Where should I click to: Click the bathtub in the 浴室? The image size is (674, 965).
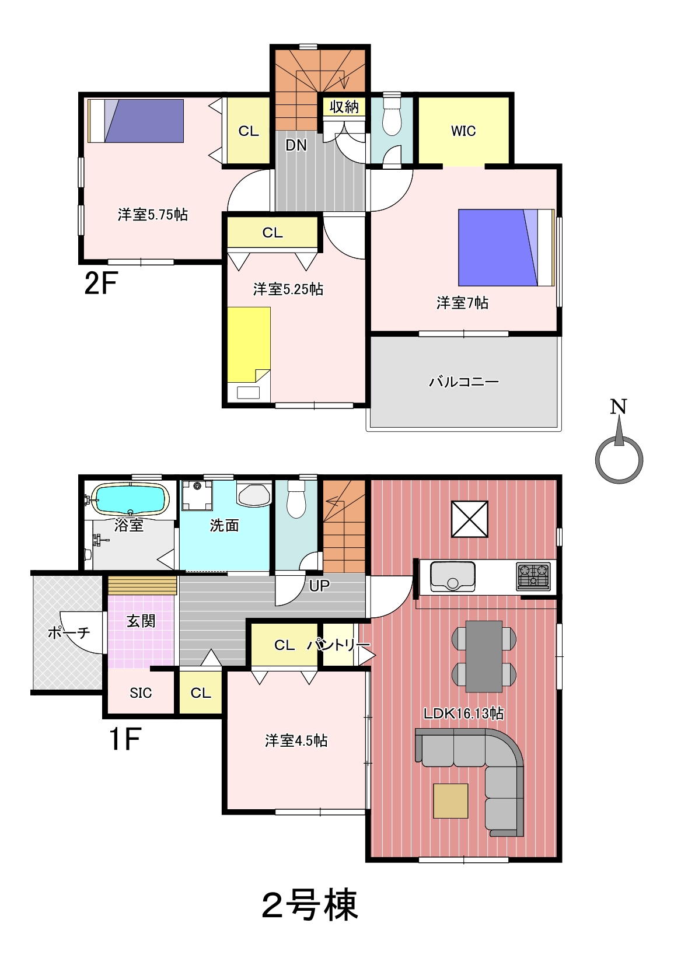point(131,499)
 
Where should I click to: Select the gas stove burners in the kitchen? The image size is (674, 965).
point(533,576)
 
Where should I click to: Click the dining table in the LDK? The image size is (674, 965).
point(484,656)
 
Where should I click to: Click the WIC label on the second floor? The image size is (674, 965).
point(463,131)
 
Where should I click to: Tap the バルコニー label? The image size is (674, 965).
point(464,382)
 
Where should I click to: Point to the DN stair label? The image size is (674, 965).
point(296,146)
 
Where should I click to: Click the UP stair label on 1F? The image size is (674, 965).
point(319,585)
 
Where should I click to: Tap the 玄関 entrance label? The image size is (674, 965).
point(141,621)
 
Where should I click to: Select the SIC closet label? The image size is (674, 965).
point(141,693)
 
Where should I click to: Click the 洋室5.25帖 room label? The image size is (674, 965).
point(288,289)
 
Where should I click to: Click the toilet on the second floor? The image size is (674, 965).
point(392,114)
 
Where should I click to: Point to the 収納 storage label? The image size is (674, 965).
point(344,107)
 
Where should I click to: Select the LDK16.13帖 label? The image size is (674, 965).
point(463,714)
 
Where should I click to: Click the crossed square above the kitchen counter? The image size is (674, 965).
point(470,519)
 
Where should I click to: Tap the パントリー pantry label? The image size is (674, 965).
point(338,645)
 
